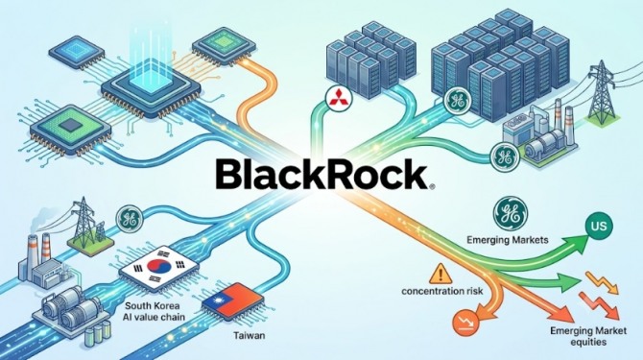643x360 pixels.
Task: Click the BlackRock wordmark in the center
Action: (x=322, y=175)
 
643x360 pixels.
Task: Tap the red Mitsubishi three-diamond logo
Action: (x=336, y=97)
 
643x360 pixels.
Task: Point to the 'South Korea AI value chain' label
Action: (x=155, y=311)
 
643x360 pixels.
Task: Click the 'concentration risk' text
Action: (x=442, y=291)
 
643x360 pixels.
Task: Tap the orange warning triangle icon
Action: (x=441, y=274)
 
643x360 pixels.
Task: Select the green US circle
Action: (x=599, y=226)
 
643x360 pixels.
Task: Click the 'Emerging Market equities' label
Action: (x=588, y=336)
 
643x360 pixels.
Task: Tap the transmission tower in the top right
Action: (x=602, y=93)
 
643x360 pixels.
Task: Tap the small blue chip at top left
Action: (x=77, y=51)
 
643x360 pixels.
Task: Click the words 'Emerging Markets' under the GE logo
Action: (x=508, y=239)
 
